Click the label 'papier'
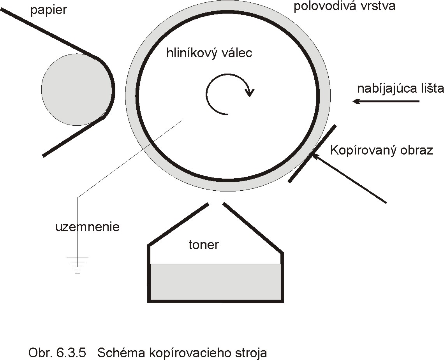[x=49, y=10]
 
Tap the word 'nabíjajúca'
[x=388, y=89]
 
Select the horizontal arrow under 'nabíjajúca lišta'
[x=386, y=102]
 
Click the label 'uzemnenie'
[x=87, y=227]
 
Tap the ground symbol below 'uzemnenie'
[x=78, y=265]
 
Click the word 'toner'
[x=204, y=245]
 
